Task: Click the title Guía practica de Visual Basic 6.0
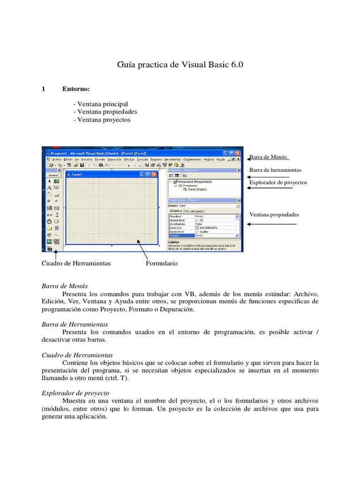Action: [180, 65]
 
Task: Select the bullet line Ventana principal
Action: [100, 104]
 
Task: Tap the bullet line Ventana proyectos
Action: [102, 120]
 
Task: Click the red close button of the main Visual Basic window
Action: [238, 153]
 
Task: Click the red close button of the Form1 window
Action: [155, 175]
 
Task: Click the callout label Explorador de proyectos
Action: [278, 182]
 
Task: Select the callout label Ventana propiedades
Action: [274, 215]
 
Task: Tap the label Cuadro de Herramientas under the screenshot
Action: [76, 263]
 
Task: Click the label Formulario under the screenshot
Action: [161, 263]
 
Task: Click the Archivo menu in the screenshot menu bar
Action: [56, 159]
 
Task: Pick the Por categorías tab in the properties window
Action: [194, 211]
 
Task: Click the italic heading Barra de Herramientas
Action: [75, 324]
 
